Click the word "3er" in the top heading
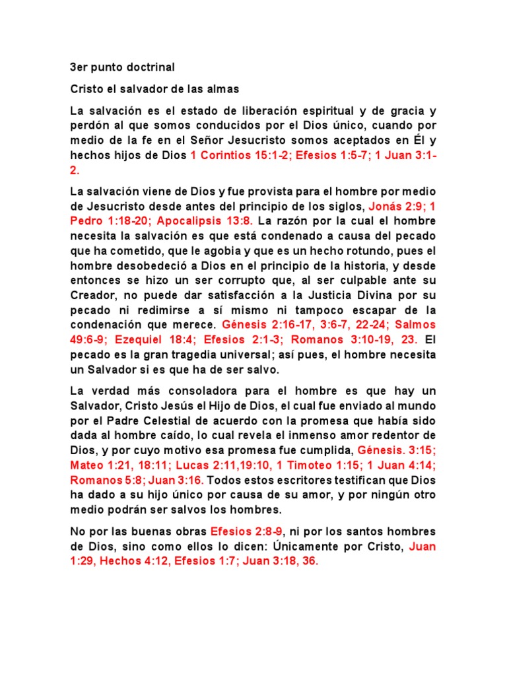point(79,67)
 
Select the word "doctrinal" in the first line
point(152,67)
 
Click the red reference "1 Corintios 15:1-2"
point(239,156)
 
